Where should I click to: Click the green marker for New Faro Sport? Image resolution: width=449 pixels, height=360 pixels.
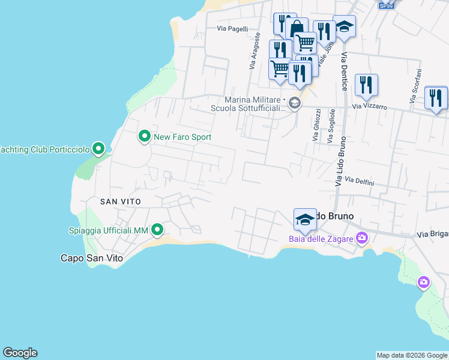point(144,137)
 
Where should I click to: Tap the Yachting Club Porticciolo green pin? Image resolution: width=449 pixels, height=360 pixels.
point(100,149)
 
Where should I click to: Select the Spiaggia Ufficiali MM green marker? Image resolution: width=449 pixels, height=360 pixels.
point(157,230)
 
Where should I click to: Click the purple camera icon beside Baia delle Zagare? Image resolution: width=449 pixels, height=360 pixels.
point(362,239)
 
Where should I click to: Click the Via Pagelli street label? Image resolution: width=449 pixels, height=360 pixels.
point(232,28)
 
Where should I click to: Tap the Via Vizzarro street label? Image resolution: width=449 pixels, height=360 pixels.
point(369,107)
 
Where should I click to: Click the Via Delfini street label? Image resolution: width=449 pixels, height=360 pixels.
point(360,181)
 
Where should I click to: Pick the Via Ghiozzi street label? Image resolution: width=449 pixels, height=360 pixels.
point(316,125)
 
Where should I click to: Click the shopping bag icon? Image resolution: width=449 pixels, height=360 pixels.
point(297,29)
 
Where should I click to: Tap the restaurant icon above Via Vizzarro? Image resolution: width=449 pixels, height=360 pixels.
point(366,86)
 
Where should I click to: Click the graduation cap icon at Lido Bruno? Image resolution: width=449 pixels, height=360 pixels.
point(305,220)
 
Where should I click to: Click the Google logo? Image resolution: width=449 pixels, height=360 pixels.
point(20,353)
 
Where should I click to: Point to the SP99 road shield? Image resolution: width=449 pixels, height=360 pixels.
point(387,5)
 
